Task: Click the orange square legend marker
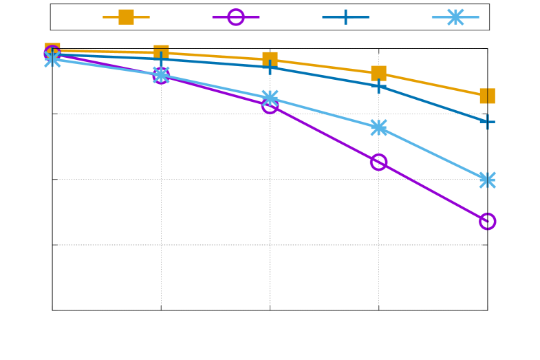point(126,17)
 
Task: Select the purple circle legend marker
point(236,17)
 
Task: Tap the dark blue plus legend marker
point(345,17)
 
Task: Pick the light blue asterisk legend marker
point(455,17)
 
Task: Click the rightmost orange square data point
point(487,96)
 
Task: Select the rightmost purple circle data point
point(487,221)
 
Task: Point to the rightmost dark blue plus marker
point(487,122)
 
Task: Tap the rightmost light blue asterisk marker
point(487,180)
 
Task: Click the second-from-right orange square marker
point(378,73)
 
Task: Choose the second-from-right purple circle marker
point(378,162)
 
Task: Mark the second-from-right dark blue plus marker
point(378,86)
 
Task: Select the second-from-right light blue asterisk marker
point(378,127)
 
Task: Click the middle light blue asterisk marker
point(270,98)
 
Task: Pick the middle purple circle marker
point(270,105)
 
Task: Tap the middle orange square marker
point(270,59)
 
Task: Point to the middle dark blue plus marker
point(270,67)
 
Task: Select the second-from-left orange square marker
point(161,52)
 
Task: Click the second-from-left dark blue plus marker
point(161,59)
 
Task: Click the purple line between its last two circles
point(433,191)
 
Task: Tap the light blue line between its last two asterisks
point(433,153)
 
